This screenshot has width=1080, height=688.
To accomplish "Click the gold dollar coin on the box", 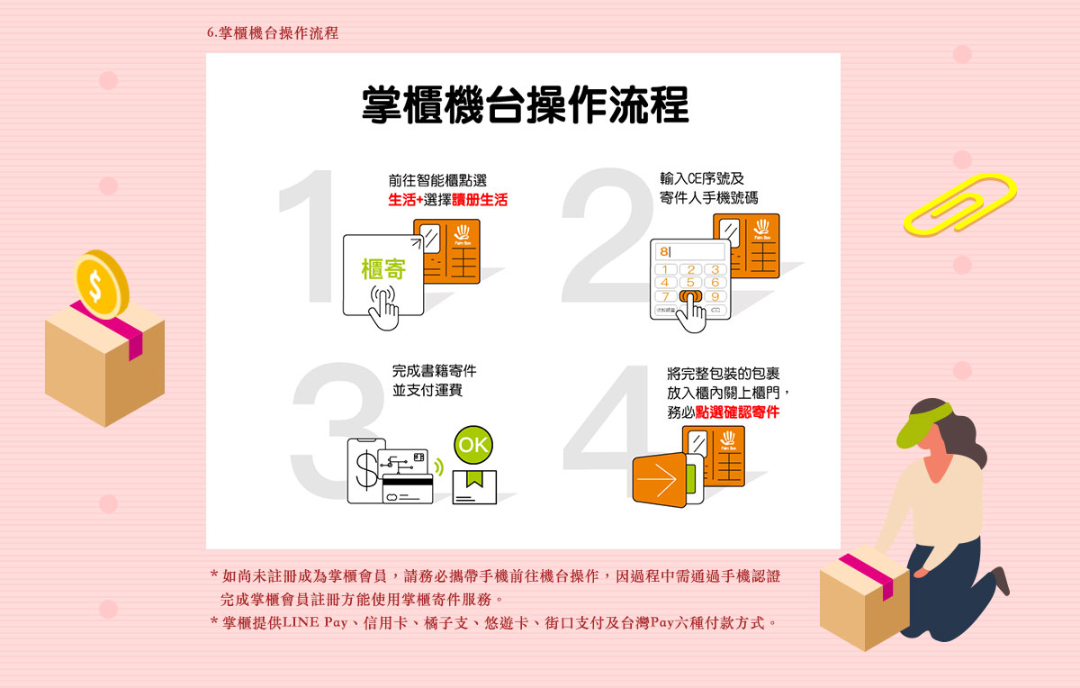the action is coord(101,285).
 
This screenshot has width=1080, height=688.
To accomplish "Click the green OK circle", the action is coord(473,445).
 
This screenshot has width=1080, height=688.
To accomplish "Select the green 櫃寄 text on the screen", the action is coord(383,268).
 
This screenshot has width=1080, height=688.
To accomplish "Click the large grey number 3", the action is coord(337,430).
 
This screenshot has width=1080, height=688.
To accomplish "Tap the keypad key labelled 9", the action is coord(715,296).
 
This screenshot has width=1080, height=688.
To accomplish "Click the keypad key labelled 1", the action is coord(665,269).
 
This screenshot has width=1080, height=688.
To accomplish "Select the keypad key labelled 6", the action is coord(715,282).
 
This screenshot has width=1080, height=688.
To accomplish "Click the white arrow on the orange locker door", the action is coord(657,480).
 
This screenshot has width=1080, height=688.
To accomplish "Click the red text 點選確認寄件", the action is coord(737,412).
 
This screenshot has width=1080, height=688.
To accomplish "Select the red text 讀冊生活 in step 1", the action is coord(480,199).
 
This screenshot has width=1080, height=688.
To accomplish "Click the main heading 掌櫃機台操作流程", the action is coord(525,104).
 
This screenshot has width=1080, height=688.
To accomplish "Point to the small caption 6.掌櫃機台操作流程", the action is coord(273,32).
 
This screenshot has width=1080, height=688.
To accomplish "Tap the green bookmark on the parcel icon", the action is coord(474,478).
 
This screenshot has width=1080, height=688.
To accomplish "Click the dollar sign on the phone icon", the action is coord(366,470).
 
